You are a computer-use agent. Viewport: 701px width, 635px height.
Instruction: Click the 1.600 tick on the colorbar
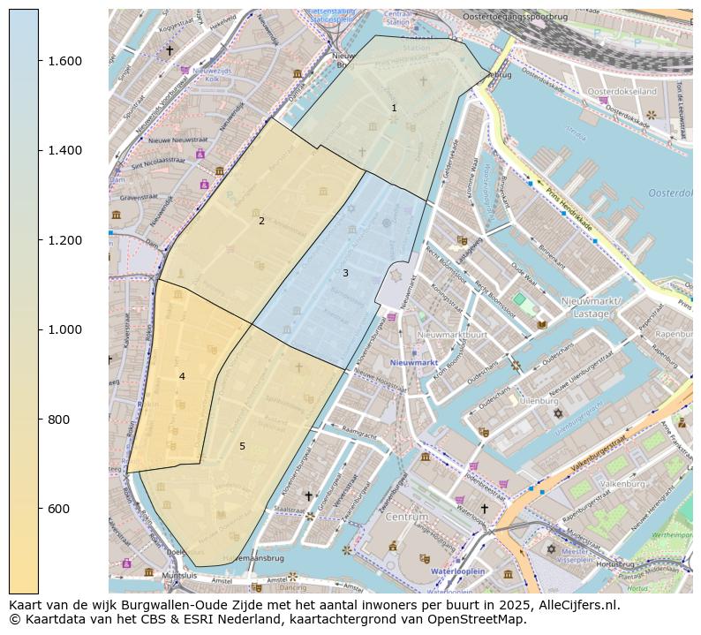point(64,61)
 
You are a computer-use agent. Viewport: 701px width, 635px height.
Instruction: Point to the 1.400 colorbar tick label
point(64,150)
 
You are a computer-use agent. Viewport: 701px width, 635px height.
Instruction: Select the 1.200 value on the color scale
point(64,240)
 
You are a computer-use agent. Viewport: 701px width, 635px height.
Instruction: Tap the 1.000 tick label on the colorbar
point(64,329)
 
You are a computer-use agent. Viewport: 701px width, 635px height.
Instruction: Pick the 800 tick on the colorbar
point(59,420)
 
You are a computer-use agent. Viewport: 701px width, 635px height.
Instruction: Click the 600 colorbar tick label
point(59,509)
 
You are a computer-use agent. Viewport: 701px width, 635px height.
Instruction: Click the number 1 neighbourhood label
point(394,108)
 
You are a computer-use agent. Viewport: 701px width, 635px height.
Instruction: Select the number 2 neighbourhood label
point(261,221)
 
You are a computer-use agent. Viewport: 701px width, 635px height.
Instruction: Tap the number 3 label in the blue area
point(345,273)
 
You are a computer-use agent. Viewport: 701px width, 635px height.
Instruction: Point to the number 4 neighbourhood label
point(182,376)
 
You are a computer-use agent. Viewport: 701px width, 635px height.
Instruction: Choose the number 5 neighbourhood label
point(242,446)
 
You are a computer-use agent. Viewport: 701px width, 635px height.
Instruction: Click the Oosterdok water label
point(670,193)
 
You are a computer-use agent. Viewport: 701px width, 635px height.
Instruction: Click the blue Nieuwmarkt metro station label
point(414,363)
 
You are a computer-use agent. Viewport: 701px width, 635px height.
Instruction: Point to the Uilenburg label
point(540,400)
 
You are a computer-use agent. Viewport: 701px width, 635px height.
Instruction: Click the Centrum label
point(406,516)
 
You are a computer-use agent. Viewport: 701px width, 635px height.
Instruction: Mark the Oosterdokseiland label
point(622,91)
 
